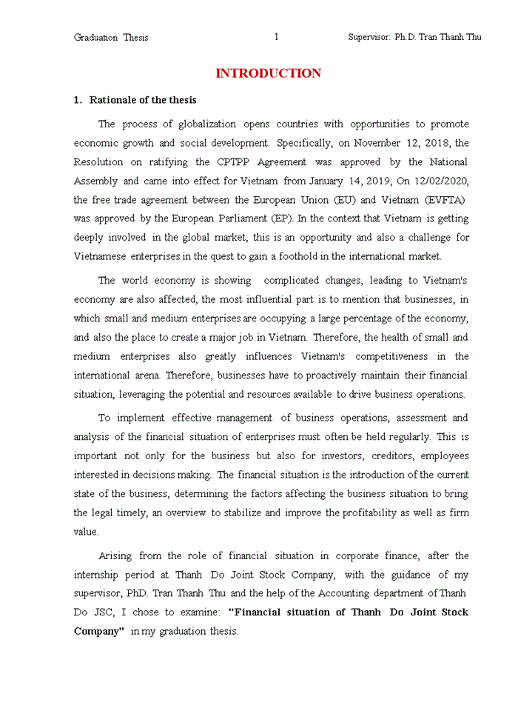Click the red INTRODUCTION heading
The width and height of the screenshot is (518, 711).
tap(268, 73)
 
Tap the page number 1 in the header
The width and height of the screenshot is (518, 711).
tap(276, 37)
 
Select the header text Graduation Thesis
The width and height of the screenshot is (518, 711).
tap(111, 37)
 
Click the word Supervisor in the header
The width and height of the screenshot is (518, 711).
tap(369, 37)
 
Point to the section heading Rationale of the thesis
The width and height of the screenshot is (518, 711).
tap(142, 100)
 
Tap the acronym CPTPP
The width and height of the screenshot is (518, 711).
tap(231, 162)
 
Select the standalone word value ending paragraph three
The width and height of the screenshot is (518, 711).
tap(86, 531)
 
